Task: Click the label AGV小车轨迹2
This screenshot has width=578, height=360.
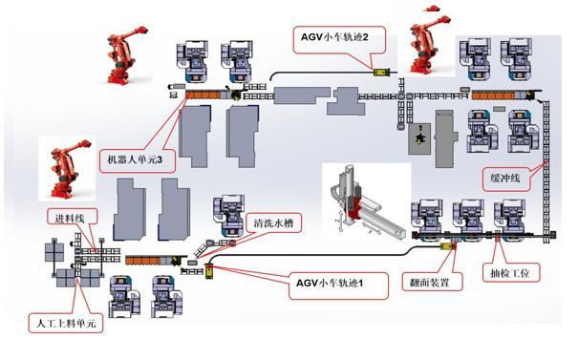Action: pos(334,37)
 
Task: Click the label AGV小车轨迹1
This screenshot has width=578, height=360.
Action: pos(330,283)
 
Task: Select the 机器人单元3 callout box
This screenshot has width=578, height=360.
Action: pos(138,159)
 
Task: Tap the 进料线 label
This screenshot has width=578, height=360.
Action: pos(70,219)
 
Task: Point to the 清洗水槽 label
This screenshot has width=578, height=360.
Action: pos(273,222)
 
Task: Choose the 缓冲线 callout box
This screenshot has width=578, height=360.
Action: pos(505,179)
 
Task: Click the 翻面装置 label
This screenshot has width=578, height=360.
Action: pos(430,283)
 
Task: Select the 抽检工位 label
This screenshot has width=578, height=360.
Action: pos(510,273)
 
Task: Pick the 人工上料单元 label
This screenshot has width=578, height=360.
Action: pos(66,324)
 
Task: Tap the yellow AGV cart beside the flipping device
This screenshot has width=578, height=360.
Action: pos(448,246)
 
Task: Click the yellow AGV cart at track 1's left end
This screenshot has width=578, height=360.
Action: pos(209,271)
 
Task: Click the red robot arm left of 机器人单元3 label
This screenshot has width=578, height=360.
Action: pos(68,169)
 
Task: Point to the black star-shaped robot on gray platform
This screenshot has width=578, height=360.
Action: pos(419,138)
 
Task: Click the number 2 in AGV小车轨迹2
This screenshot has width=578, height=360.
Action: pos(365,37)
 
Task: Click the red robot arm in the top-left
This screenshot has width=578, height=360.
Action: pos(125,54)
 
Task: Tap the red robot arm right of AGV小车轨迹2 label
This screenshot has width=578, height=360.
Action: pos(428,44)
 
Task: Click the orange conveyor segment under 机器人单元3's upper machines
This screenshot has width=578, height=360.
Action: pos(203,95)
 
